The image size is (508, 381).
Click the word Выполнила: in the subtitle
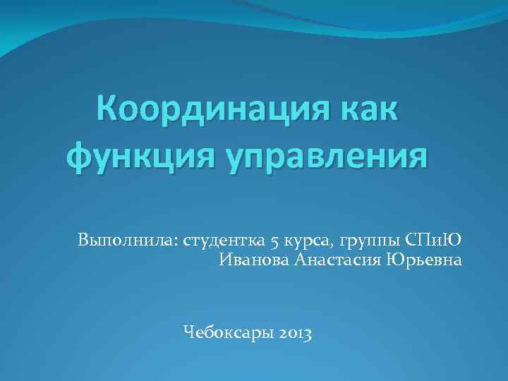(128, 240)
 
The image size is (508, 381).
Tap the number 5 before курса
(272, 240)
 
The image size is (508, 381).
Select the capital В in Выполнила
(84, 240)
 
